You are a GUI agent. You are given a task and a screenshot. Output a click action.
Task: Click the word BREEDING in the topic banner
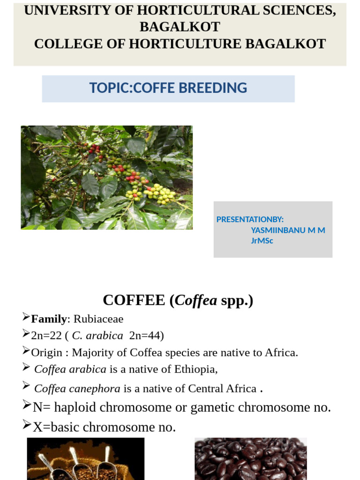pyautogui.click(x=219, y=88)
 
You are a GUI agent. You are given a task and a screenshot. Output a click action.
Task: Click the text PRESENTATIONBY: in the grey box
pyautogui.click(x=250, y=219)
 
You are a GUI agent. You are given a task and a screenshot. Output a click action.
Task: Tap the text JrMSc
pyautogui.click(x=262, y=241)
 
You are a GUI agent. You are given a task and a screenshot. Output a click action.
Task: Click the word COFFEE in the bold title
pyautogui.click(x=134, y=300)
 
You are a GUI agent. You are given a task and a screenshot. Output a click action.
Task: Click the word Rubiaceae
pyautogui.click(x=98, y=319)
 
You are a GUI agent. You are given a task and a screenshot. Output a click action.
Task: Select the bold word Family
pyautogui.click(x=49, y=319)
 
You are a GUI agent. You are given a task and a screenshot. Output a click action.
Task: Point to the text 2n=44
pyautogui.click(x=145, y=336)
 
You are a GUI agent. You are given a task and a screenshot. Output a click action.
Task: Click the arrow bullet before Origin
pyautogui.click(x=26, y=351)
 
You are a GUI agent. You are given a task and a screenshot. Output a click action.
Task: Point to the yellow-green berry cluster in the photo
pyautogui.click(x=159, y=193)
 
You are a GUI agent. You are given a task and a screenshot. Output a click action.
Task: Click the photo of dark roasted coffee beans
pyautogui.click(x=250, y=459)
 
